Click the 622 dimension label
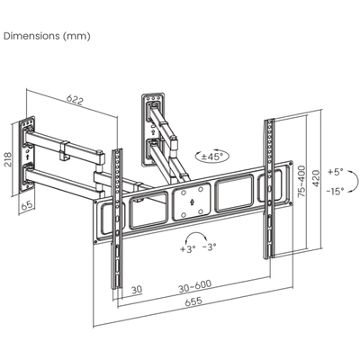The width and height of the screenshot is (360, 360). point(75,100)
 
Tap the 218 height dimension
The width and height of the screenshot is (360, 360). point(7,160)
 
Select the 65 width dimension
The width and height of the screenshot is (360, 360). point(27,205)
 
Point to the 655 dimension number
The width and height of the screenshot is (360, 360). point(193,301)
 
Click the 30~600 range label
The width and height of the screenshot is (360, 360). point(195,285)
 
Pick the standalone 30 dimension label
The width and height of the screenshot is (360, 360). point(137,290)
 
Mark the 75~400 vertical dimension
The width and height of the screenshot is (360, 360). point(302,181)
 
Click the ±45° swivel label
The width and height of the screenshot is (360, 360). point(212,157)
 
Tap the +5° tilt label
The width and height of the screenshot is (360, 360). point(336,172)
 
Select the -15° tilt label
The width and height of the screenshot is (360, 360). point(336,191)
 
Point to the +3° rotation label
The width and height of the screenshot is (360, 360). point(188,248)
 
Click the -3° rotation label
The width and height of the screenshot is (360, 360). point(209,247)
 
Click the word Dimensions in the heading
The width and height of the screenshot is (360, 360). point(31,36)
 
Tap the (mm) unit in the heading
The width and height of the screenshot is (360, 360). point(76,36)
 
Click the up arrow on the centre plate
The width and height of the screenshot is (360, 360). point(191,202)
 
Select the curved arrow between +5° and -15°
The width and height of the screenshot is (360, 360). point(356,181)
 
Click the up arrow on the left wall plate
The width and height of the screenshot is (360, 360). point(27,157)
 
